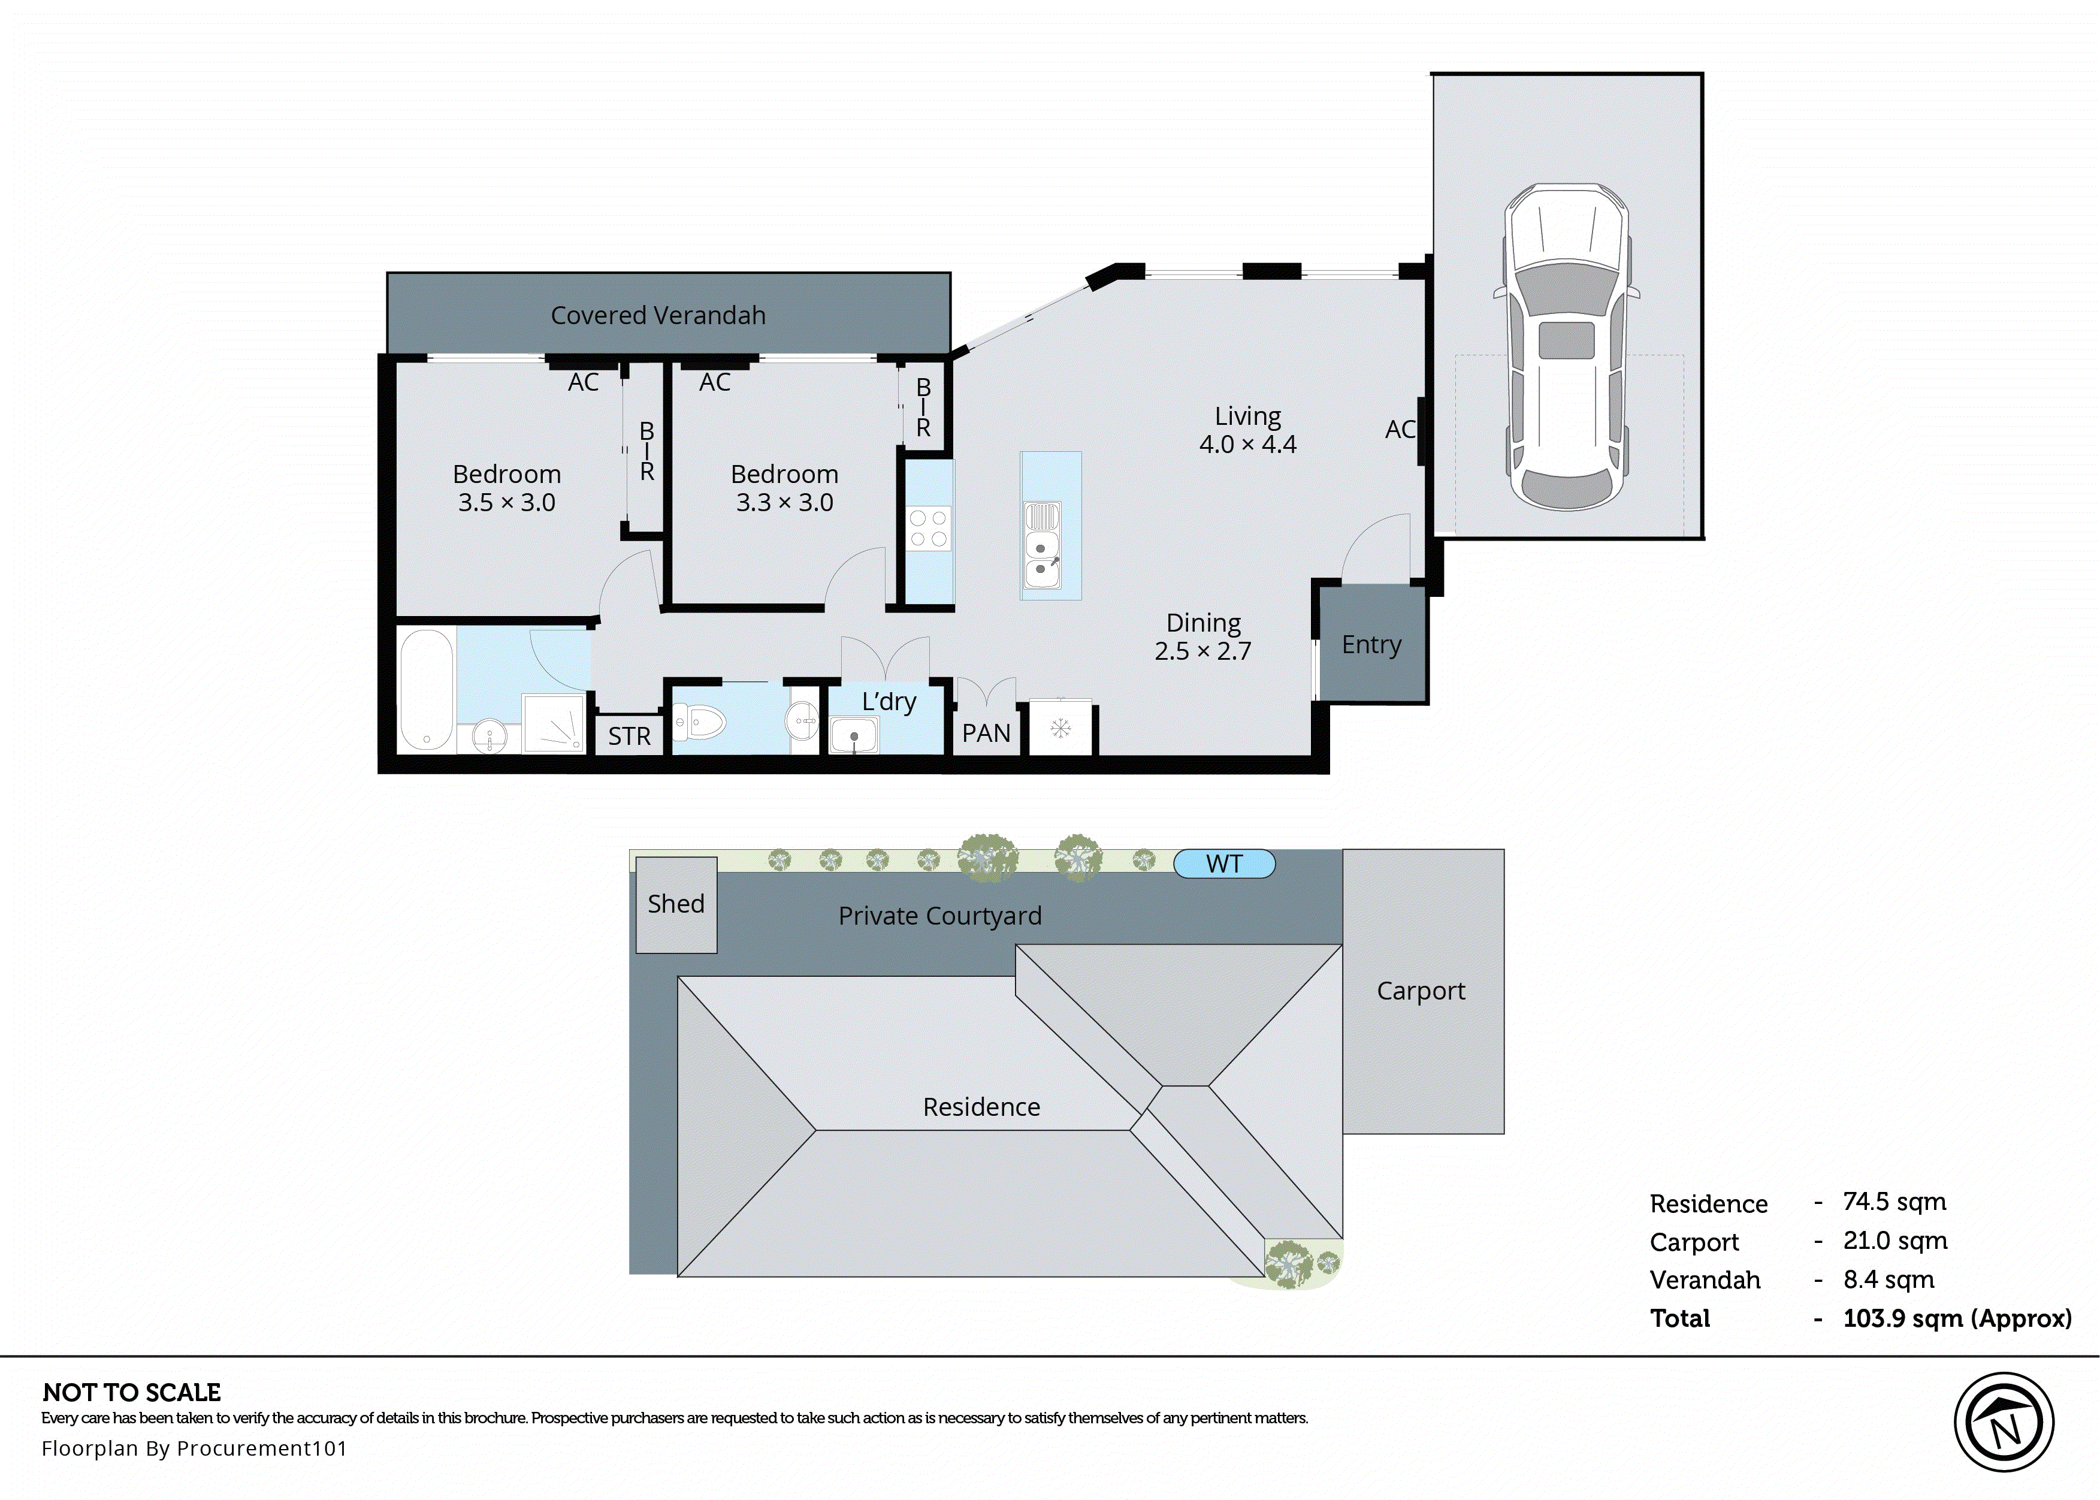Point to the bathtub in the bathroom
[x=427, y=689]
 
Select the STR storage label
[x=629, y=736]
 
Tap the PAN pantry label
[x=986, y=734]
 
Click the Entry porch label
[x=1371, y=645]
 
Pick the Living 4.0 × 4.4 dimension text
[x=1247, y=444]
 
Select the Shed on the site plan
[x=676, y=904]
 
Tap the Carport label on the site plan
[x=1421, y=991]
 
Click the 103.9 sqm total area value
[x=1956, y=1319]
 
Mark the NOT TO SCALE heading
[x=132, y=1393]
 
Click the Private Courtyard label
[x=939, y=916]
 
